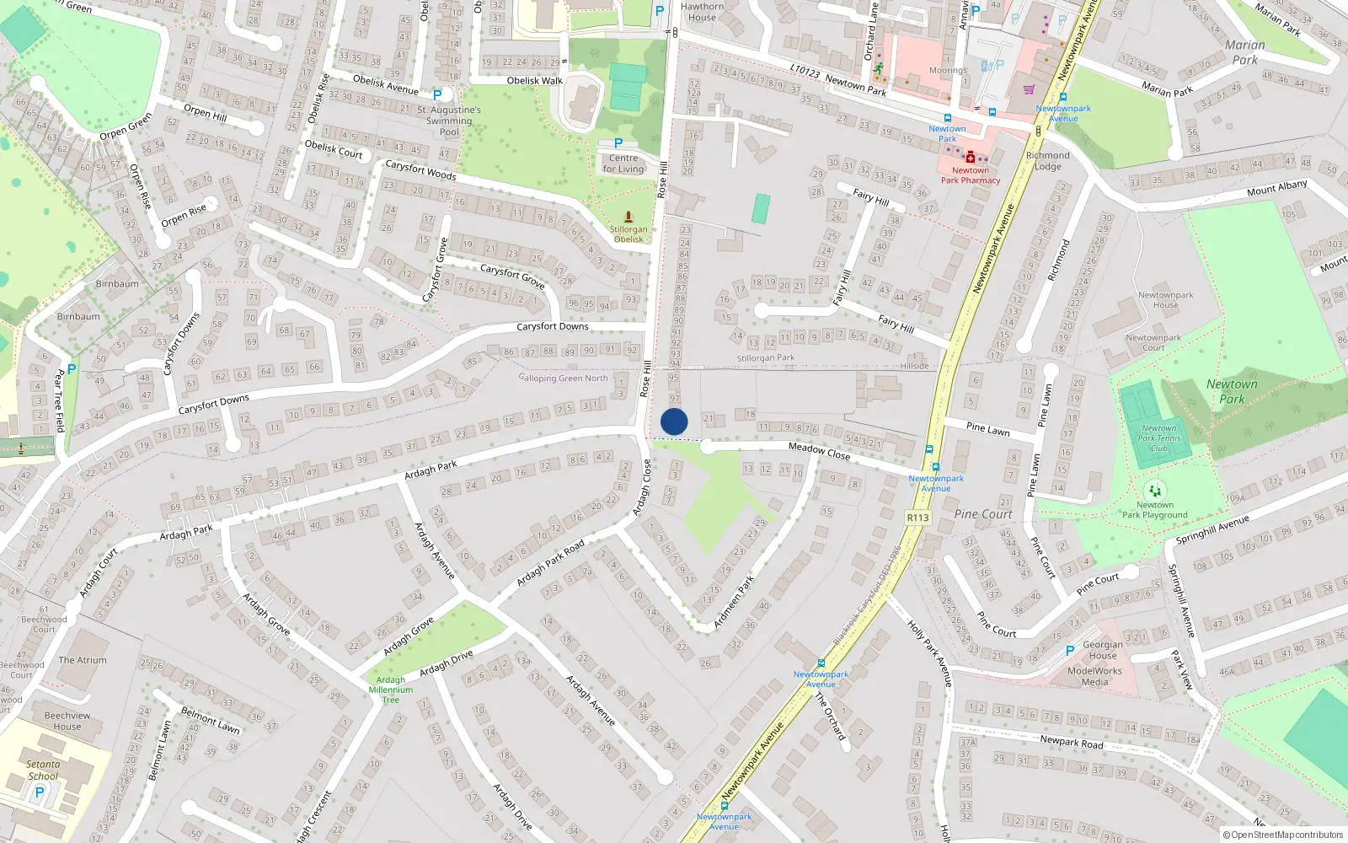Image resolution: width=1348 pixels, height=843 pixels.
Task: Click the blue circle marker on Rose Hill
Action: pyautogui.click(x=674, y=421)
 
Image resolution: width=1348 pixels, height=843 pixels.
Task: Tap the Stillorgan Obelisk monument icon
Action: pyautogui.click(x=628, y=217)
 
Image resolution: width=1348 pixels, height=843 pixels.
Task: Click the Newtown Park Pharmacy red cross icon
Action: pyautogui.click(x=971, y=158)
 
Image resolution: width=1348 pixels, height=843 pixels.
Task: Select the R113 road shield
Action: pyautogui.click(x=917, y=518)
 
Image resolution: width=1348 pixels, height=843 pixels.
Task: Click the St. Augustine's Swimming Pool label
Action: pyautogui.click(x=449, y=121)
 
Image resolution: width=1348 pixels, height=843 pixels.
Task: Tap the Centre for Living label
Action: pyautogui.click(x=623, y=164)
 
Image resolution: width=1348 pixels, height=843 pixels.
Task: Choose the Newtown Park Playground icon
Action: pyautogui.click(x=1154, y=491)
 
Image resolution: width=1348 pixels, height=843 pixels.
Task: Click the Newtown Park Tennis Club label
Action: pyautogui.click(x=1159, y=438)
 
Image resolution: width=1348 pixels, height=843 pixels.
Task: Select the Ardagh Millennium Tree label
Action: pyautogui.click(x=391, y=690)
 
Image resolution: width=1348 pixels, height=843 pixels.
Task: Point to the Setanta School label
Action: pyautogui.click(x=43, y=770)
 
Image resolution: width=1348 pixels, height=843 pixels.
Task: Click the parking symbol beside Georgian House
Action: pyautogui.click(x=1070, y=650)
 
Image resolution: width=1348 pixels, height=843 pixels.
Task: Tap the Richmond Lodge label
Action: pyautogui.click(x=1048, y=160)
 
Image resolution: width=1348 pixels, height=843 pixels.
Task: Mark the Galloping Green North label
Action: pyautogui.click(x=563, y=378)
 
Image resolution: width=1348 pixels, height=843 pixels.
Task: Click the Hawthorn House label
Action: pyautogui.click(x=702, y=12)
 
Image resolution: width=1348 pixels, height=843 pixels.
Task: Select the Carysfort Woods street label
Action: pyautogui.click(x=420, y=170)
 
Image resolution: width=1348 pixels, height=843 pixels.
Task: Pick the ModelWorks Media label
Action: pyautogui.click(x=1094, y=676)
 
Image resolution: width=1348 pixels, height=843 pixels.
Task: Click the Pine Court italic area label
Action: pyautogui.click(x=983, y=514)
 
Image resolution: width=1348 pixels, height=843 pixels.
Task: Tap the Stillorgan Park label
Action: pyautogui.click(x=766, y=358)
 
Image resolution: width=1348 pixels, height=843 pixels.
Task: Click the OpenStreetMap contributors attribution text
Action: pyautogui.click(x=1282, y=835)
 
